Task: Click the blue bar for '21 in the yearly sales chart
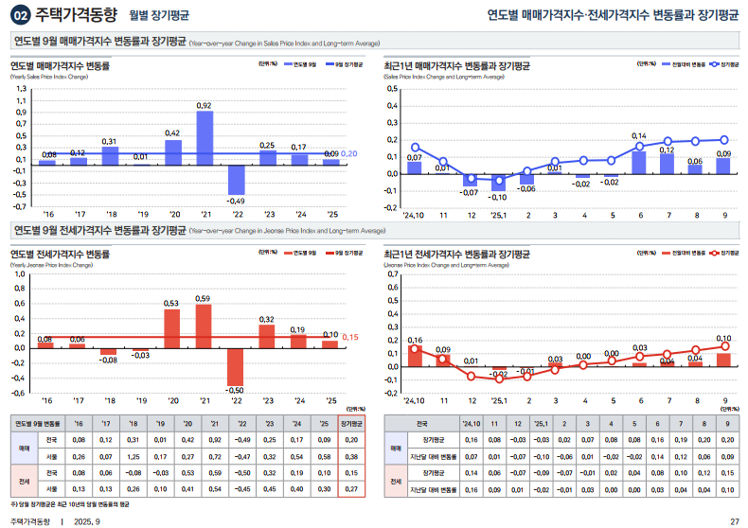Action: click(x=205, y=138)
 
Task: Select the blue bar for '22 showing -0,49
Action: click(x=236, y=180)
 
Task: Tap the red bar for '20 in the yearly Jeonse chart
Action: click(x=172, y=328)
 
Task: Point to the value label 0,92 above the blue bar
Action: click(x=205, y=105)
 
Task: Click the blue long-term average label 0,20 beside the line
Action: click(x=348, y=153)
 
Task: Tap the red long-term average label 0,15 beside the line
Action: click(x=349, y=338)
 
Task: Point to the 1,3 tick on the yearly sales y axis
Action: click(x=22, y=88)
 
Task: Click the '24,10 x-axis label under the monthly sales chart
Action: click(x=414, y=215)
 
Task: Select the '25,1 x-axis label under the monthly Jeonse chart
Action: click(x=499, y=400)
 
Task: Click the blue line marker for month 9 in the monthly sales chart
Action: click(x=724, y=140)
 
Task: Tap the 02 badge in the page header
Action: click(x=20, y=15)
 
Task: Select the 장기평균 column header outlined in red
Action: click(x=350, y=424)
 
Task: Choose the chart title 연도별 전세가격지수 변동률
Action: click(x=61, y=254)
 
